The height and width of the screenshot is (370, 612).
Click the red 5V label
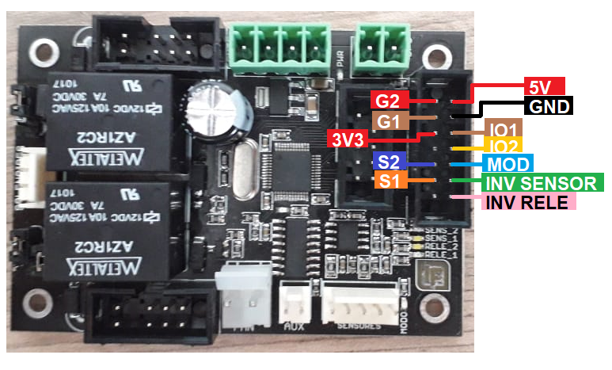(x=544, y=86)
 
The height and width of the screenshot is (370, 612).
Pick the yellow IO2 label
(x=501, y=147)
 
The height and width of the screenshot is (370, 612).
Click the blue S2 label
(x=389, y=162)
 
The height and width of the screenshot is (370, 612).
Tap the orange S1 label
(x=389, y=181)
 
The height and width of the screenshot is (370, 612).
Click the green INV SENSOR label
(x=543, y=183)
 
